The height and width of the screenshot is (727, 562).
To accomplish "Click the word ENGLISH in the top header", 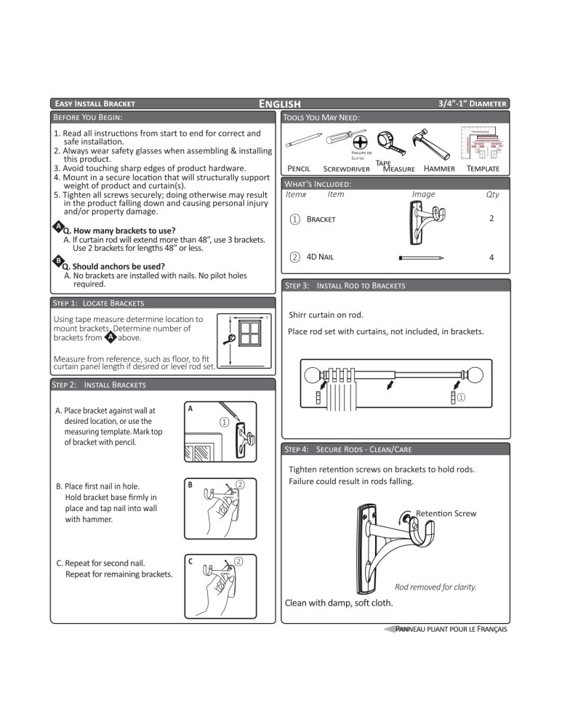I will tap(280, 104).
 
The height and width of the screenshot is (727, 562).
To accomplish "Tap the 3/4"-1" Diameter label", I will tap(473, 104).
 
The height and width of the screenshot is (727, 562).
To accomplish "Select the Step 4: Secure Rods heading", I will tap(349, 449).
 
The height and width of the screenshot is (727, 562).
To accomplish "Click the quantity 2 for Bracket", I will tap(491, 219).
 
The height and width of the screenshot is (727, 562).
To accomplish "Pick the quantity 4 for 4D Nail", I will tap(491, 257).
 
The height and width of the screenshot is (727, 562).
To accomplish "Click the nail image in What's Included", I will tap(422, 257).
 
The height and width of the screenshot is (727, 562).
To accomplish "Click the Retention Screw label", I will tap(446, 513).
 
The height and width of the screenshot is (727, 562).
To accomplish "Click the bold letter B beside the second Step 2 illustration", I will tap(190, 483).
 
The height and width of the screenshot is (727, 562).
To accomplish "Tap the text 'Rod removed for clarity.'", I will tap(435, 587).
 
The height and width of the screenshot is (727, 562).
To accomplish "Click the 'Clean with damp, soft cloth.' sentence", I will tap(339, 603).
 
